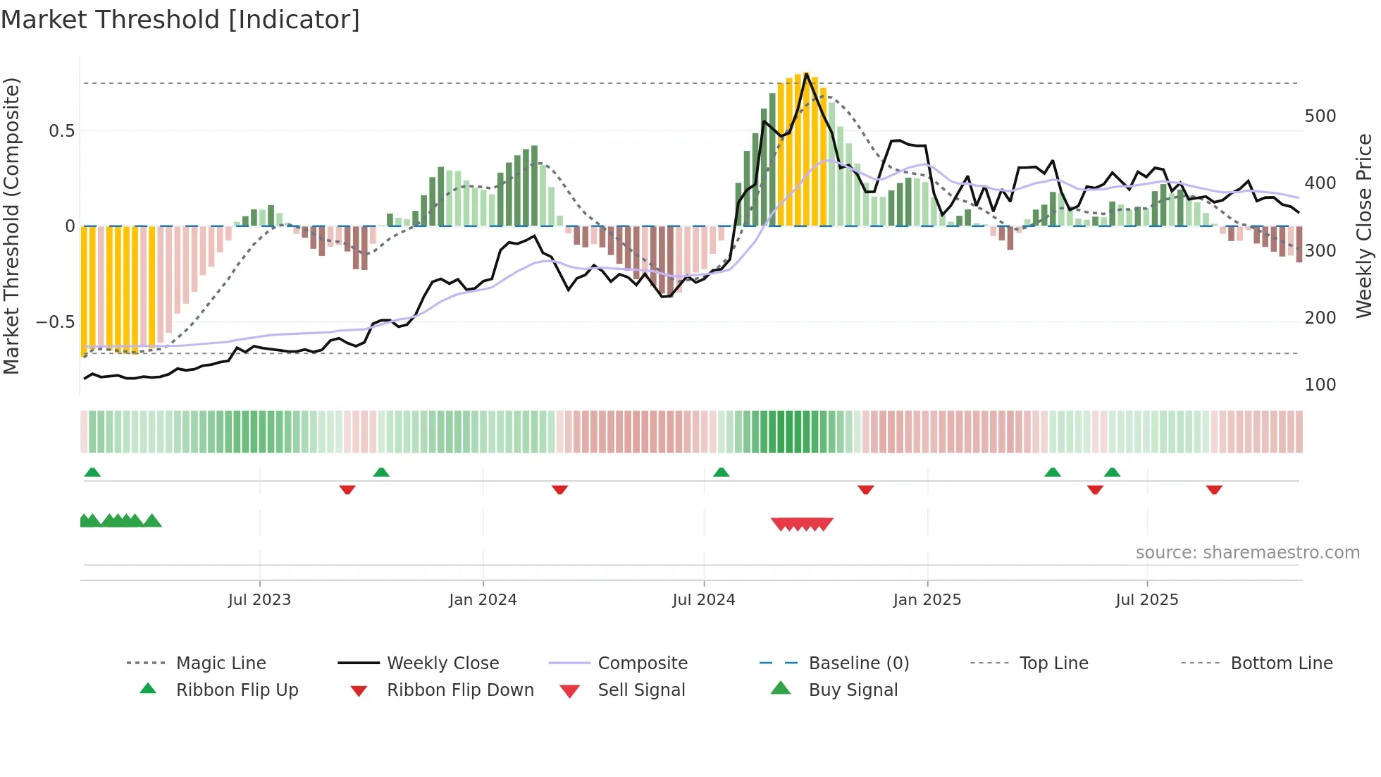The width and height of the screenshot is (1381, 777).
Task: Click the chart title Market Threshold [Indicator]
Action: (180, 20)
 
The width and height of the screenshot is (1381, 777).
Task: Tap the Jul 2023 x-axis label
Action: (259, 600)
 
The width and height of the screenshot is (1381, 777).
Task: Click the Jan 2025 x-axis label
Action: (927, 600)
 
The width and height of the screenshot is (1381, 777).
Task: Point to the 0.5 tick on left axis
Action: (62, 131)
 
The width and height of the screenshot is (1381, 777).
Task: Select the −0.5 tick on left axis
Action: (56, 322)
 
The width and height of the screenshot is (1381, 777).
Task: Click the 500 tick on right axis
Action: (1320, 116)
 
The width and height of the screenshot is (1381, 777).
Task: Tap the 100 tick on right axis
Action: (1320, 385)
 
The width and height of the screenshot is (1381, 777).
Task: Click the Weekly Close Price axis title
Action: (1364, 226)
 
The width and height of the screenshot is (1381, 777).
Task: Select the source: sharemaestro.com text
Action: (1247, 553)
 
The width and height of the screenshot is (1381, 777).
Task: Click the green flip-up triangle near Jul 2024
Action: (721, 472)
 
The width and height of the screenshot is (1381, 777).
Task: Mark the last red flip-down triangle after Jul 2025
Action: (1213, 489)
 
